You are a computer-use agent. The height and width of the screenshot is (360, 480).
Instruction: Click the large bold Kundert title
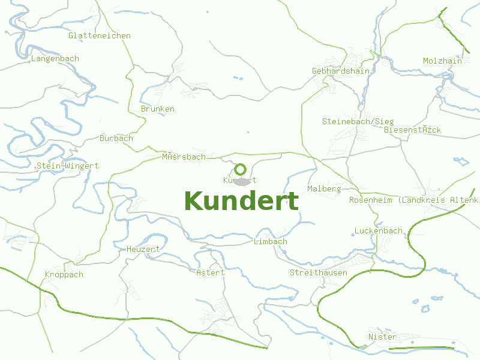[x=241, y=202]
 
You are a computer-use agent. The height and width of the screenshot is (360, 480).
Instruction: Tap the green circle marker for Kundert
[x=240, y=169]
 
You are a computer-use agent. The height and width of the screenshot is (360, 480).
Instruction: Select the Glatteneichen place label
[x=100, y=36]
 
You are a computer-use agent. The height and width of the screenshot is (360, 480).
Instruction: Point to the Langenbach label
[x=55, y=59]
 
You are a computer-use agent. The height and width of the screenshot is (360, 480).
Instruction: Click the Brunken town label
[x=158, y=109]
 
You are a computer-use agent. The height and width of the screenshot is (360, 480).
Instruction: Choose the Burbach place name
[x=116, y=139]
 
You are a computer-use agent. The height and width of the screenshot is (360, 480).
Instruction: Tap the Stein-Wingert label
[x=67, y=166]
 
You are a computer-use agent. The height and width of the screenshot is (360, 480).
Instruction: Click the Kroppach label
[x=64, y=275]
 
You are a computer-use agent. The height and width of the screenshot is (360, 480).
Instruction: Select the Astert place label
[x=211, y=273]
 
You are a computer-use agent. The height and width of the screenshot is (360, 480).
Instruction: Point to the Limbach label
[x=271, y=242]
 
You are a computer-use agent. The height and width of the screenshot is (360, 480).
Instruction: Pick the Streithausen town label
[x=319, y=273]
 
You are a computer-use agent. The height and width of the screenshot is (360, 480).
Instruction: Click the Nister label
[x=382, y=337]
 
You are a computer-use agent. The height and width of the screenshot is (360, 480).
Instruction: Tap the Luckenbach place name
[x=379, y=231]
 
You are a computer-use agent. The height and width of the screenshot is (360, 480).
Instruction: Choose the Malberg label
[x=324, y=189]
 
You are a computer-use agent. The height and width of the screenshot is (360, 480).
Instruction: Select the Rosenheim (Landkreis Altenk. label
[x=414, y=200]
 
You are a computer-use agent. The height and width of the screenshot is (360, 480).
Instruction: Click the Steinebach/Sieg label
[x=358, y=122]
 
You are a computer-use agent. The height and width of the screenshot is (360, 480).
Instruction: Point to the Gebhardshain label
[x=341, y=71]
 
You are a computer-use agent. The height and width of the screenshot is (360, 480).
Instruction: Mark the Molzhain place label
[x=442, y=61]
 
